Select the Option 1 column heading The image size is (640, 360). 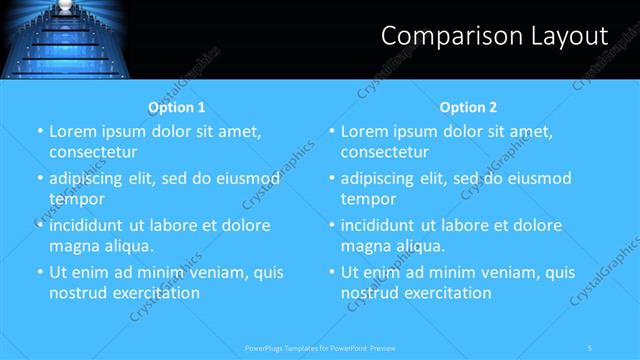click(177, 107)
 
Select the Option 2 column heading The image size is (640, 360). click(468, 107)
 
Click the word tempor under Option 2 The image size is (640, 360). click(370, 199)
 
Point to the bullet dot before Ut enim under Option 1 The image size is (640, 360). click(39, 272)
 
